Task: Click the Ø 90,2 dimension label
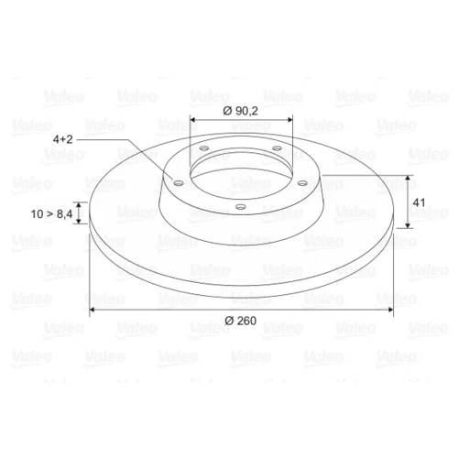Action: tap(241, 111)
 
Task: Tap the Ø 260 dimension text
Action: tap(241, 321)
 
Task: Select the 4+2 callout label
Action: tap(63, 139)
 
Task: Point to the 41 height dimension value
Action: tap(419, 202)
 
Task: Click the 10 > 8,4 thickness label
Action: tap(51, 214)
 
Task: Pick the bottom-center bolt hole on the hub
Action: tap(241, 207)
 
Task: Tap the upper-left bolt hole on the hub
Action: tap(203, 148)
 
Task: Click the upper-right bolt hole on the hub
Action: tap(277, 148)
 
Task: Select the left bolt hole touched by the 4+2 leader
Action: tap(178, 183)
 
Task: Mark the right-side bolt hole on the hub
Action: tap(302, 182)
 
